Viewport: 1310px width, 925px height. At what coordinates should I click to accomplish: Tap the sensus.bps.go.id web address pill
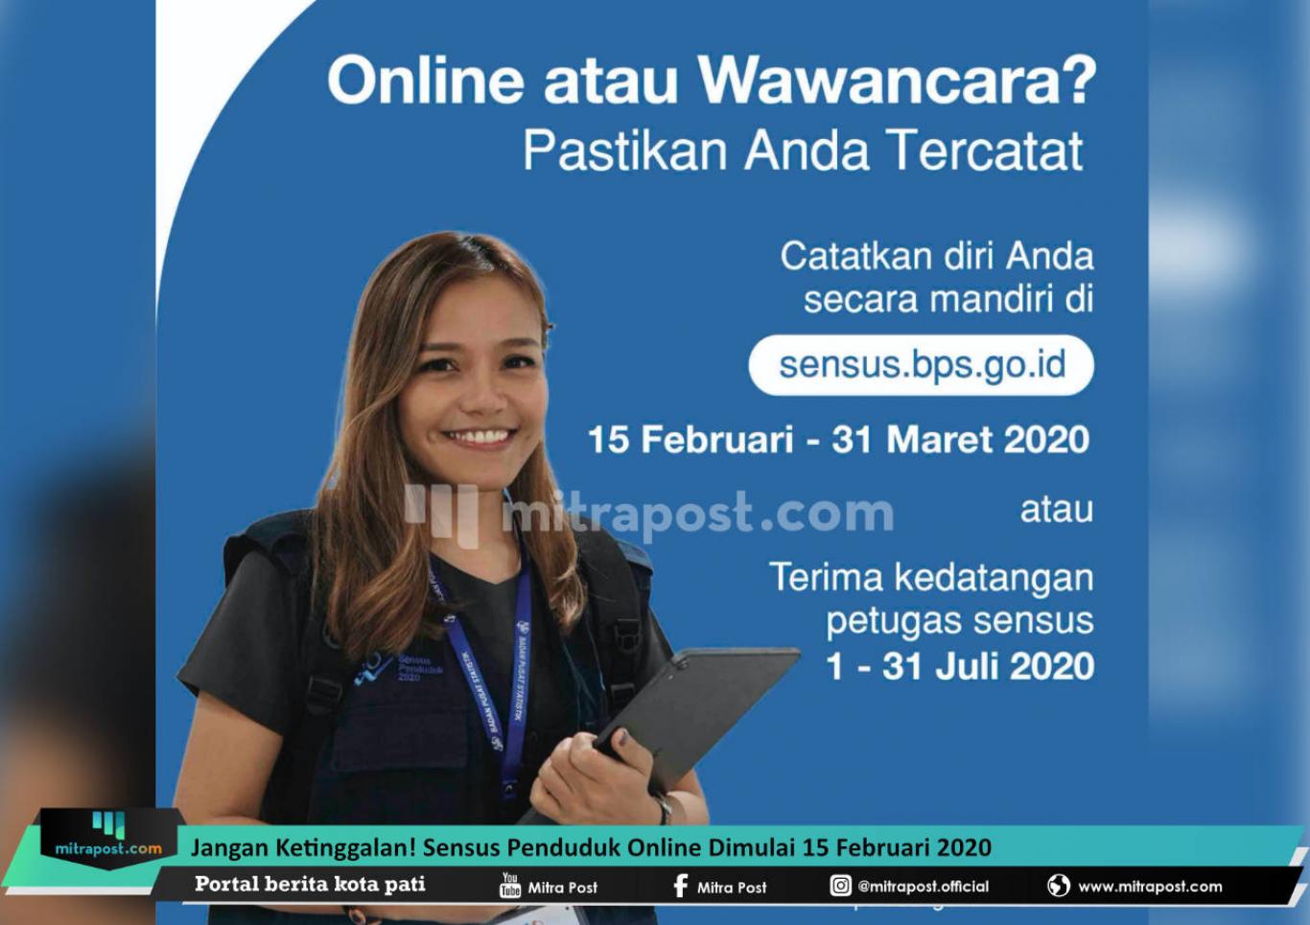click(921, 365)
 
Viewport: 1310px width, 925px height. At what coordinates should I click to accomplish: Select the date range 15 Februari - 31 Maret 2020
click(838, 440)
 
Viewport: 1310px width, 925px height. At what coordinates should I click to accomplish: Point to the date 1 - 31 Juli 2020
click(960, 666)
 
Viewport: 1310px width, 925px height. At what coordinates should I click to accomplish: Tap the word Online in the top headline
click(425, 81)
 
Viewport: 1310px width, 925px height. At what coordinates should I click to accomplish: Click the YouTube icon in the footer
click(510, 885)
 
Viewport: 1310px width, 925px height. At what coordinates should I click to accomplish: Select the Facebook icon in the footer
click(680, 886)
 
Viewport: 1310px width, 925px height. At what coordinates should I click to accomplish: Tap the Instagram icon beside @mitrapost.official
click(840, 886)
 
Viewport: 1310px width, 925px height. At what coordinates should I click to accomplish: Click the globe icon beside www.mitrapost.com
click(1059, 886)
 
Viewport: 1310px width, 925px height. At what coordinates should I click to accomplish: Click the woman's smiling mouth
click(479, 438)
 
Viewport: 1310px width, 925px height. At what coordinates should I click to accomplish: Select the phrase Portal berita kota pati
click(310, 884)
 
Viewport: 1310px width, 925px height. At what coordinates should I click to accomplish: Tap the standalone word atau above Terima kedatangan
click(1057, 510)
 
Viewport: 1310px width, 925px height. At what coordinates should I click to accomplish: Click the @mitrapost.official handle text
click(924, 887)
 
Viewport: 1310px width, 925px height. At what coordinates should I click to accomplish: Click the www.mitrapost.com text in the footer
click(1151, 887)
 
